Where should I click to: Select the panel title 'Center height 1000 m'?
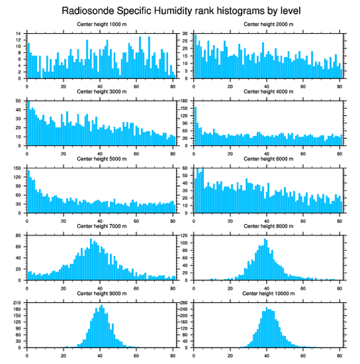point(101,24)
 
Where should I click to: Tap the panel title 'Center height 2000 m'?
point(268,24)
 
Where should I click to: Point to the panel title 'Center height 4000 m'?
point(268,91)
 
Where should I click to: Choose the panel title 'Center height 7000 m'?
point(101,226)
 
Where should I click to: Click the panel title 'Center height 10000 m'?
point(268,293)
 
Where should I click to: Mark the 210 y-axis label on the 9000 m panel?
point(18,303)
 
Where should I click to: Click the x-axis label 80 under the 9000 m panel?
point(172,354)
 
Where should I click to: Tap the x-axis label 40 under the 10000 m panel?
point(266,354)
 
